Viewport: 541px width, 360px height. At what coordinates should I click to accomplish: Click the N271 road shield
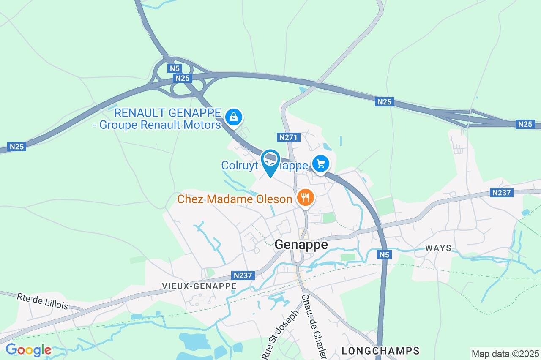[289, 137]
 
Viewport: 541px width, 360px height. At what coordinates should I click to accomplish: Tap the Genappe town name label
[301, 245]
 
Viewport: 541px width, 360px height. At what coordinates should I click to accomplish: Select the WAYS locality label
[438, 248]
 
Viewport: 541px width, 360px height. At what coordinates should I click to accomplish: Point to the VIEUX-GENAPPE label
[199, 286]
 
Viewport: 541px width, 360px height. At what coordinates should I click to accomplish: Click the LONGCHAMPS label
[380, 351]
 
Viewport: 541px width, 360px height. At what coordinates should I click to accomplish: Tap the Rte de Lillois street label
[42, 301]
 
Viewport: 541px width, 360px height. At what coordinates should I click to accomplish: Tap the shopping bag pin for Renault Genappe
[233, 116]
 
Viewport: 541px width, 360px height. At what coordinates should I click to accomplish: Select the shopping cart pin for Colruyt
[321, 163]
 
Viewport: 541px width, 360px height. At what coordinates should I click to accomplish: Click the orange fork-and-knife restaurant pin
[305, 197]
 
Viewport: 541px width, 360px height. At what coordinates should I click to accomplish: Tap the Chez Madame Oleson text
[235, 199]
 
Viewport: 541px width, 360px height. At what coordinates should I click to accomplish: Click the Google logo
[28, 350]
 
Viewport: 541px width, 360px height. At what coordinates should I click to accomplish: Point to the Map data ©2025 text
[505, 354]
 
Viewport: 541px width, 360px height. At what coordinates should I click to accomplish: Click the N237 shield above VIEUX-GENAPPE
[243, 275]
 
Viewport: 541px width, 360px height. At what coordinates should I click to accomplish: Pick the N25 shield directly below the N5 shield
[183, 78]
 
